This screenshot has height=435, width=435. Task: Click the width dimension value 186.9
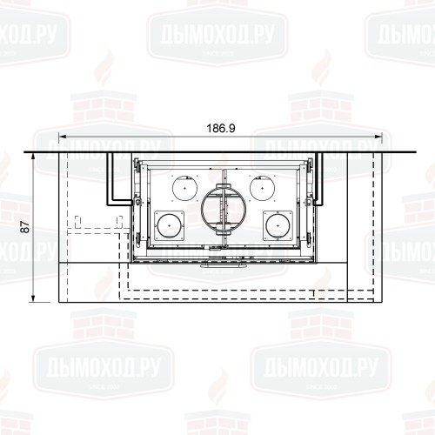click(219, 128)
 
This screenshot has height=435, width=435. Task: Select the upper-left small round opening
click(186, 185)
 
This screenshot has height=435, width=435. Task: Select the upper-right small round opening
click(259, 185)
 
